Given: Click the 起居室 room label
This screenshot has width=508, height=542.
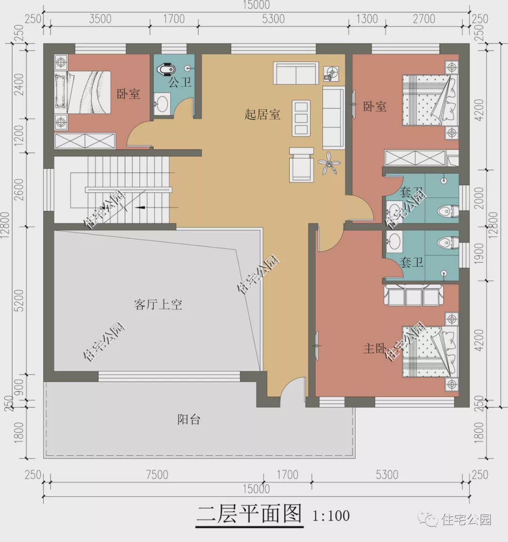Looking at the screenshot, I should click(262, 114).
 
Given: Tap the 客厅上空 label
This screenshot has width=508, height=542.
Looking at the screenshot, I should click(158, 305).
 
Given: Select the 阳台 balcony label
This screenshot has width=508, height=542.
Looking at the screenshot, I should click(189, 419).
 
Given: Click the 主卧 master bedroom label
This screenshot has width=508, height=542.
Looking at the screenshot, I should click(375, 348).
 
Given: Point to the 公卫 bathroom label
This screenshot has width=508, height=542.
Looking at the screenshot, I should click(180, 83).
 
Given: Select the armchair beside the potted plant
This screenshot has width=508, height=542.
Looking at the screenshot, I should click(302, 164).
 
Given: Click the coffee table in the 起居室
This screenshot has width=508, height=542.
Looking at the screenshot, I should click(301, 118).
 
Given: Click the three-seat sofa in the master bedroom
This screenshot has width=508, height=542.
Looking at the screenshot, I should click(413, 295).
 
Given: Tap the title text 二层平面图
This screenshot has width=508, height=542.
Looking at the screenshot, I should click(249, 514).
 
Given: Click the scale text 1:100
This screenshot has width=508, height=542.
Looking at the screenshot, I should click(331, 516).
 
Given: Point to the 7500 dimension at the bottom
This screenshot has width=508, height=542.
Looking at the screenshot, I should click(157, 474).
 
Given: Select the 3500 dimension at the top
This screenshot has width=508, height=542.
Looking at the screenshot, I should click(100, 19).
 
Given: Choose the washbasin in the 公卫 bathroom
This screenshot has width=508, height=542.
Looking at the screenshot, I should click(163, 104).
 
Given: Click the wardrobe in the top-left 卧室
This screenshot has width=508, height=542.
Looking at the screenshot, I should click(85, 141).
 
